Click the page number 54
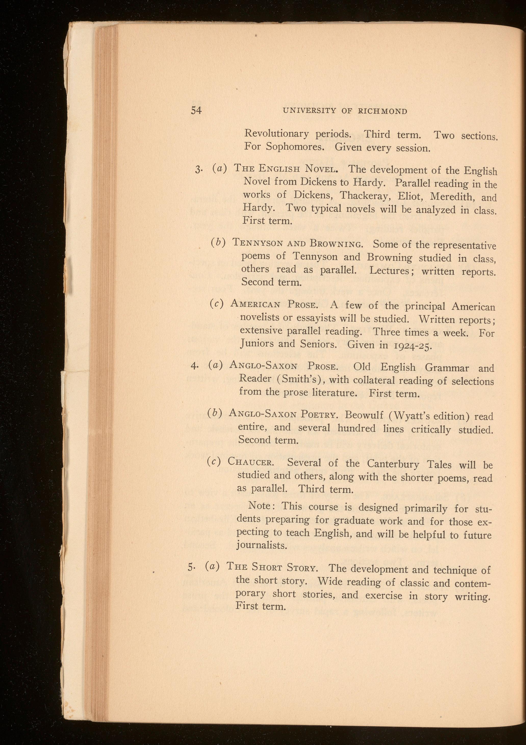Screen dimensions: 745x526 tap(196, 110)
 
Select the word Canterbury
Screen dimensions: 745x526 tap(393, 464)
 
